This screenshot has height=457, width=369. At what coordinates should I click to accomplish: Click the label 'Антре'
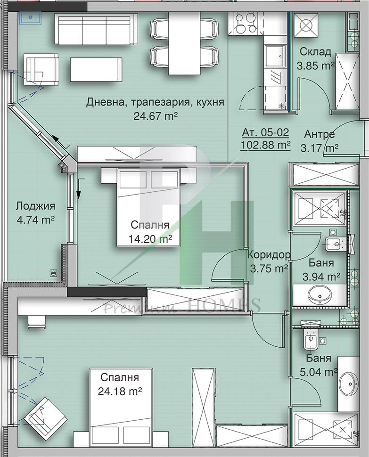click(x=320, y=134)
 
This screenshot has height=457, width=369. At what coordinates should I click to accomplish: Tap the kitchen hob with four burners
click(x=243, y=23)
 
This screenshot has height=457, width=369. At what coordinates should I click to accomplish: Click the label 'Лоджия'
click(x=35, y=206)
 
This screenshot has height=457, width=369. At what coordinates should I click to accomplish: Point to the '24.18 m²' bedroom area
click(x=120, y=391)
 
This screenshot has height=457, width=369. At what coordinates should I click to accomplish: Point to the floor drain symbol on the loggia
click(x=53, y=272)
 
